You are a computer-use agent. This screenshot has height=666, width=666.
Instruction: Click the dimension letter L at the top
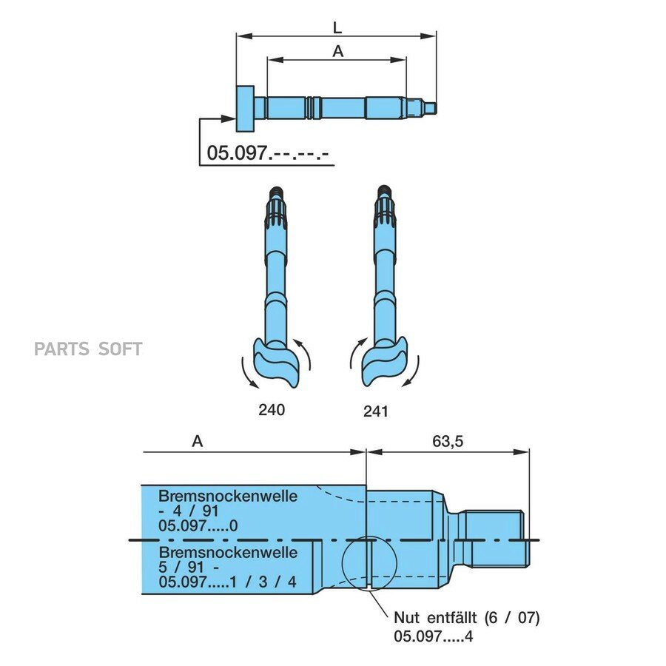tap(337, 27)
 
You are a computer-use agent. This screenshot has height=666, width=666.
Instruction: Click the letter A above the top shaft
tap(337, 51)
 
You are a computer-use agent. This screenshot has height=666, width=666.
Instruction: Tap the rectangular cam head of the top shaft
tap(245, 109)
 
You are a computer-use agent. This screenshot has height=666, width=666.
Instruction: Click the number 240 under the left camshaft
tap(272, 410)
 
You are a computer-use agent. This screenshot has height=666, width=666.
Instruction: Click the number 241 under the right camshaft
tap(376, 411)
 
